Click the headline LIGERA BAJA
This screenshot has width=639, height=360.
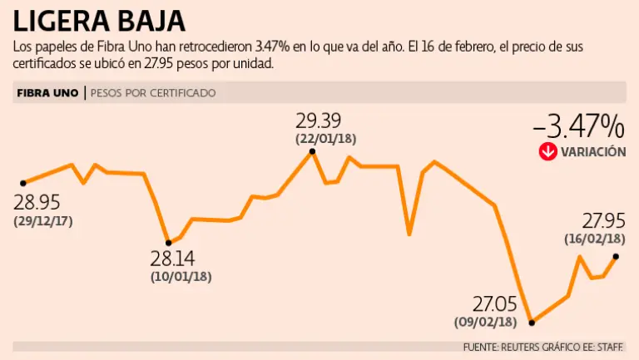click(x=100, y=20)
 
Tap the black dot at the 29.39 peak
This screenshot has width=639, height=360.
click(x=312, y=151)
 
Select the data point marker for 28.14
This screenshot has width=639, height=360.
click(x=169, y=243)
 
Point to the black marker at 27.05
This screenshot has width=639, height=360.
click(x=532, y=322)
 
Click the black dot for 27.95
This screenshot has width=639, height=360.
click(x=616, y=257)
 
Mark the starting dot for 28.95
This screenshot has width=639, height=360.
click(x=23, y=182)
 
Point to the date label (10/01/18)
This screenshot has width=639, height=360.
click(x=181, y=276)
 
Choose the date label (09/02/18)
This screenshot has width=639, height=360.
click(x=485, y=322)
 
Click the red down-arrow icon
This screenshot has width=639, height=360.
click(x=547, y=151)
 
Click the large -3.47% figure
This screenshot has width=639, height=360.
click(x=578, y=126)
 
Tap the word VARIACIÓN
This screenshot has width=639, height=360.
click(x=592, y=152)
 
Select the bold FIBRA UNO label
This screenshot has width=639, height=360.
click(x=47, y=93)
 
